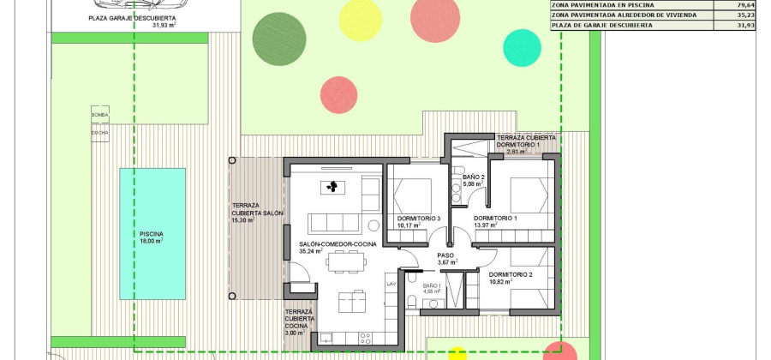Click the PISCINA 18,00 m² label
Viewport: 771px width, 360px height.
pos(152,237)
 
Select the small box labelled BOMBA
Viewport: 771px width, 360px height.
pos(100,114)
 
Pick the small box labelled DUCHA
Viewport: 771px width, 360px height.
pos(100,134)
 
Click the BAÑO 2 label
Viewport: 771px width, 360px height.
pos(474,180)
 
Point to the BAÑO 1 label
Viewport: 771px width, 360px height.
pos(430,288)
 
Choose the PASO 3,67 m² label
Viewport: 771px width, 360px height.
pos(446,258)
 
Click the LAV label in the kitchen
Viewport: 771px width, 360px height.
pos(391,284)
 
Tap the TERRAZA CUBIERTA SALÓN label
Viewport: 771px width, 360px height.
pos(257,213)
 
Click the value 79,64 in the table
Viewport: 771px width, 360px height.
pos(745,3)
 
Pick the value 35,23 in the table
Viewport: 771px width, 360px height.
pos(745,15)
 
